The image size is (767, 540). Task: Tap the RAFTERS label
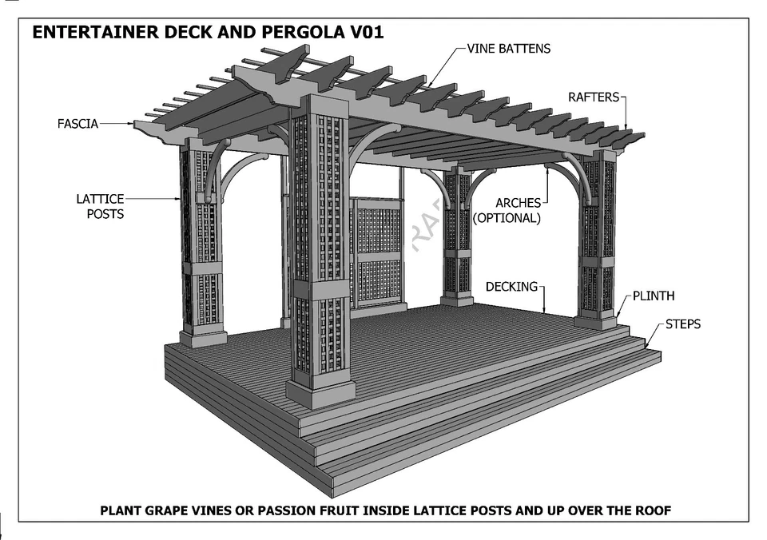tap(594, 97)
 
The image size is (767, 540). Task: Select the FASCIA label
tap(77, 124)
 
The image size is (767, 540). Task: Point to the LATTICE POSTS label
tap(100, 206)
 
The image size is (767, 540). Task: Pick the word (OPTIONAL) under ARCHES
tap(507, 217)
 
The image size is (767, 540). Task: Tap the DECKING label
tap(511, 286)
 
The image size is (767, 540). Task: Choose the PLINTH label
tap(654, 296)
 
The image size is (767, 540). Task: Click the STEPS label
tap(682, 324)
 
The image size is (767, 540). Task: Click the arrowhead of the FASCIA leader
tap(133, 124)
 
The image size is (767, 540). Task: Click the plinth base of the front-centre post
tap(320, 392)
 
